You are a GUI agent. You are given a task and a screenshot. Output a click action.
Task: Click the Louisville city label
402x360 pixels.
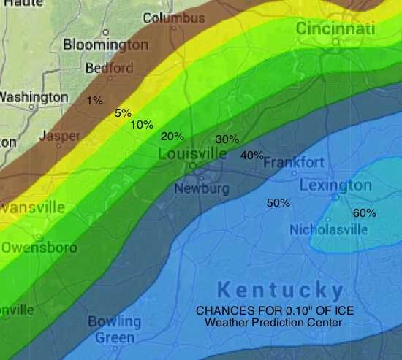coord(193,154)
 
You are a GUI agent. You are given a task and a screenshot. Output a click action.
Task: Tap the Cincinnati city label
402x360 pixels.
coord(335,28)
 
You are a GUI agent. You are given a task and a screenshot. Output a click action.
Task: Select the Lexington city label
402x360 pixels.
coord(335,185)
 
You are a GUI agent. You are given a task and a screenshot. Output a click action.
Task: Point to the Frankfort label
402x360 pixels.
coord(294,161)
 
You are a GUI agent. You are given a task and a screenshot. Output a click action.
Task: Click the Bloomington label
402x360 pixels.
coord(105,45)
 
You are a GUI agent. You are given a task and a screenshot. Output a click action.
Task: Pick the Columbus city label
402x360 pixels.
coord(174,18)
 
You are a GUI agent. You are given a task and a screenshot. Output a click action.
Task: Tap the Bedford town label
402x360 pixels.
coord(110,68)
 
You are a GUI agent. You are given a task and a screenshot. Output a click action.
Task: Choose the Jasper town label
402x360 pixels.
coord(60,136)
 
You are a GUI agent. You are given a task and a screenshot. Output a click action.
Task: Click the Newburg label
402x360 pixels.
coord(202,189)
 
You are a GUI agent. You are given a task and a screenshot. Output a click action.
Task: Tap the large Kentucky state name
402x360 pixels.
coord(281,289)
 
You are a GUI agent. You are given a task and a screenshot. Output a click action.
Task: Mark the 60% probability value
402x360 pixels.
coord(364,213)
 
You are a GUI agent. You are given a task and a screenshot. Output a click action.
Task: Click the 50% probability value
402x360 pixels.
coord(278,202)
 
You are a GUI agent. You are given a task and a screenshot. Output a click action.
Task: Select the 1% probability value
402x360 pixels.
coord(94,100)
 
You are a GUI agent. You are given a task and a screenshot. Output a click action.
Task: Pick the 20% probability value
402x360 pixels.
coord(172,136)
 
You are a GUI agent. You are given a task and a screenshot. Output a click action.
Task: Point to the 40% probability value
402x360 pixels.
coord(251,155)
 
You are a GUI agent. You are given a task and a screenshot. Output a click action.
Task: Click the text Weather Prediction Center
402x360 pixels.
coord(275,322)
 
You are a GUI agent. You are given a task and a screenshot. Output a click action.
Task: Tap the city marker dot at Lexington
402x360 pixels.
coord(336,196)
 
